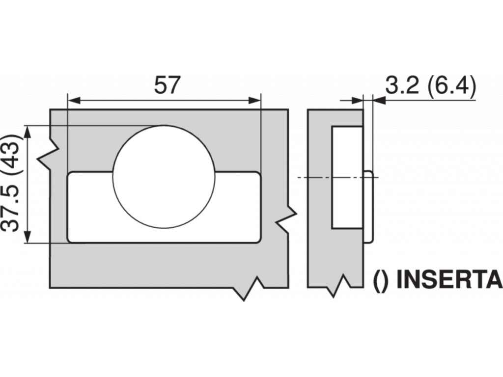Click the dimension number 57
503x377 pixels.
pyautogui.click(x=166, y=85)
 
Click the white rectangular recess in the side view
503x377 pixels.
pyautogui.click(x=347, y=177)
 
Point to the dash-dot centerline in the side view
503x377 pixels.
pyautogui.click(x=314, y=177)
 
